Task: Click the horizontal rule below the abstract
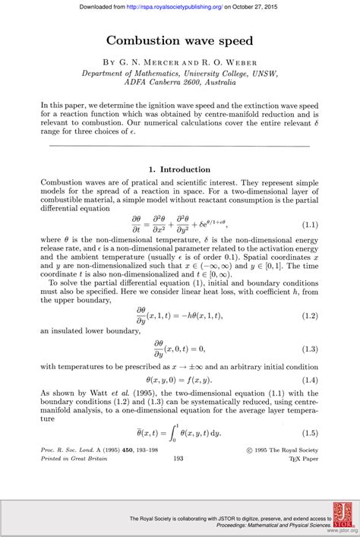pos(179,145)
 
